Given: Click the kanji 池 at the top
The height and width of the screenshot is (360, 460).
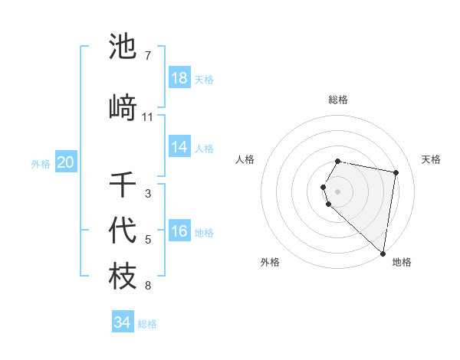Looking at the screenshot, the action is [123, 47].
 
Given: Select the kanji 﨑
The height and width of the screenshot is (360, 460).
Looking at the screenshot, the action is [123, 107].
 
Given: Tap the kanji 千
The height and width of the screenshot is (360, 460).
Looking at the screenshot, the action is [123, 185].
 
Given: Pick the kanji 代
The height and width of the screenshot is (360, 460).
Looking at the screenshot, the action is [123, 231].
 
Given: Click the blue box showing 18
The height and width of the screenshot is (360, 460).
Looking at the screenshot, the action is [179, 78].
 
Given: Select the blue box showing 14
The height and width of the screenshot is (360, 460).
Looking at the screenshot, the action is [179, 147].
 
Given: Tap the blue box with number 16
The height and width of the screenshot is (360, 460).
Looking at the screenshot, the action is [179, 232].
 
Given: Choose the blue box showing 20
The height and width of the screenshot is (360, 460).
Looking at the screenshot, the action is [66, 162].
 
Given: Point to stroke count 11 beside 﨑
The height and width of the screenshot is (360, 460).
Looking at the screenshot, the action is [148, 117].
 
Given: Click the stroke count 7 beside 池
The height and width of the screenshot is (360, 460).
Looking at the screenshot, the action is [147, 56].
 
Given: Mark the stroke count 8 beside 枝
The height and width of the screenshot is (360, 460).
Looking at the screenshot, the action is [147, 286].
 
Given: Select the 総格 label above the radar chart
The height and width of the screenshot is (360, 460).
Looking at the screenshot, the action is [338, 100].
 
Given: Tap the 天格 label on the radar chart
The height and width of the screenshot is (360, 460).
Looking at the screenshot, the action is [432, 159].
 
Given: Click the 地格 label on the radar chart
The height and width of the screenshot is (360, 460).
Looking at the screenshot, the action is [402, 262].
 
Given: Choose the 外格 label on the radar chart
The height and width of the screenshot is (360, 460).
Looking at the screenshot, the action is [270, 262].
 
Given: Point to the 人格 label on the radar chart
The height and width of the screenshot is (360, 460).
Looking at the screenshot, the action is [245, 159].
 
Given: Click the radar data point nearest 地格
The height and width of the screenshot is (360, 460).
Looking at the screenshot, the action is [383, 253].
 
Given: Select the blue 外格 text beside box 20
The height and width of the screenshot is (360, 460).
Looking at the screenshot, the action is [41, 163].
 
